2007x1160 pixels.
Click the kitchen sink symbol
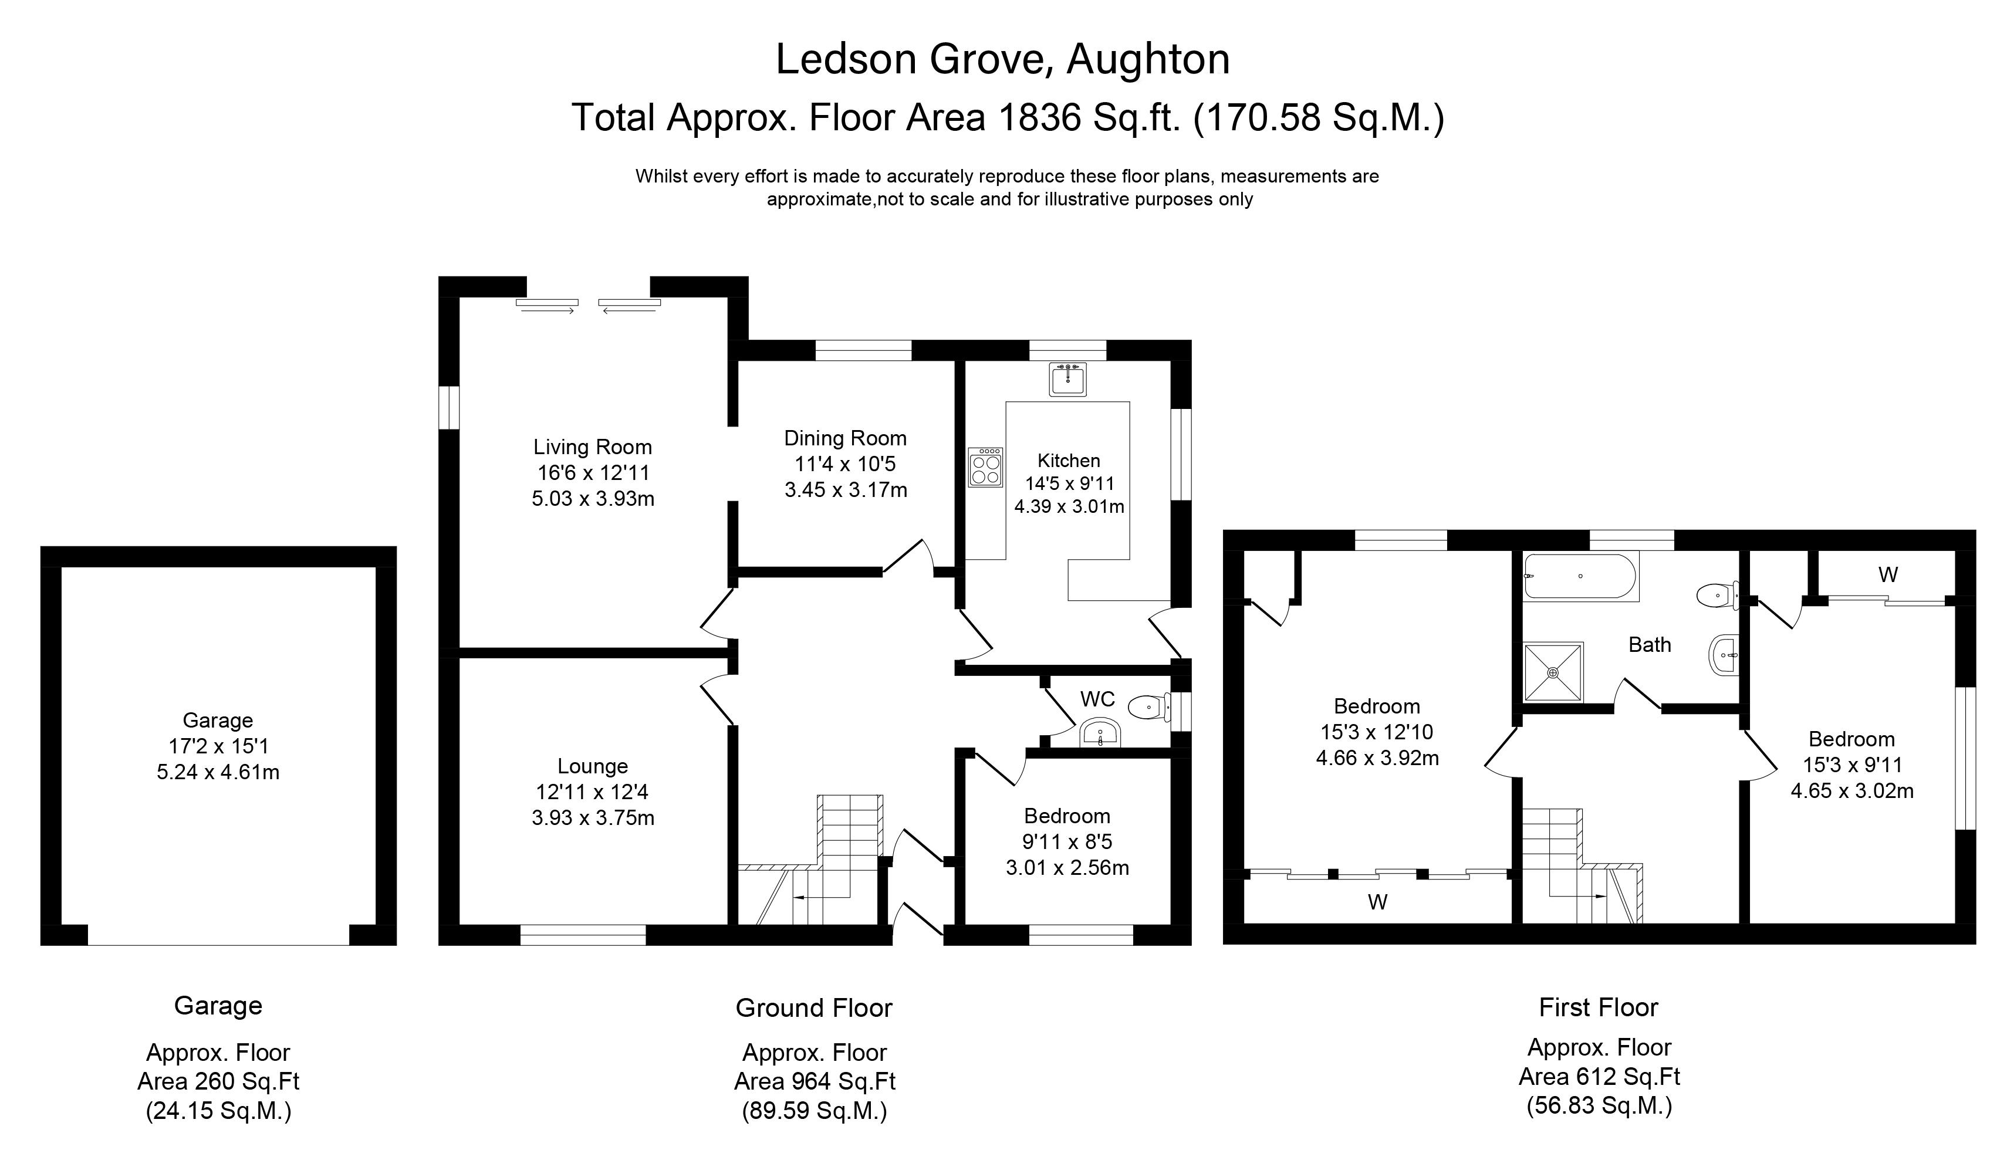[1067, 379]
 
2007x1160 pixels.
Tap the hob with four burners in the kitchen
[985, 467]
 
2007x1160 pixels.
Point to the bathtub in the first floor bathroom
[1581, 576]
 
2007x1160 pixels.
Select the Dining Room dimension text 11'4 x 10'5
[845, 464]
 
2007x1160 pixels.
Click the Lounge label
[593, 766]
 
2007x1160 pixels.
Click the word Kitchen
[1069, 460]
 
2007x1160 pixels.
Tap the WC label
[1097, 699]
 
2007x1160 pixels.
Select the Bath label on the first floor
[1650, 644]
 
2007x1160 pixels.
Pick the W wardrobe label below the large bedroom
[1378, 902]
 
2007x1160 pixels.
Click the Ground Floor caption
[814, 1008]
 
